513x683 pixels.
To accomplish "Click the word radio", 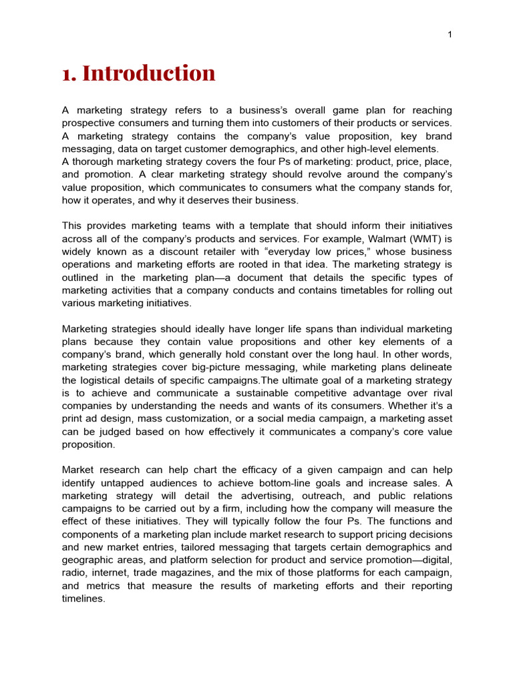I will coord(75,573).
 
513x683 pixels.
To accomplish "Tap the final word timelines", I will coord(83,598).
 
